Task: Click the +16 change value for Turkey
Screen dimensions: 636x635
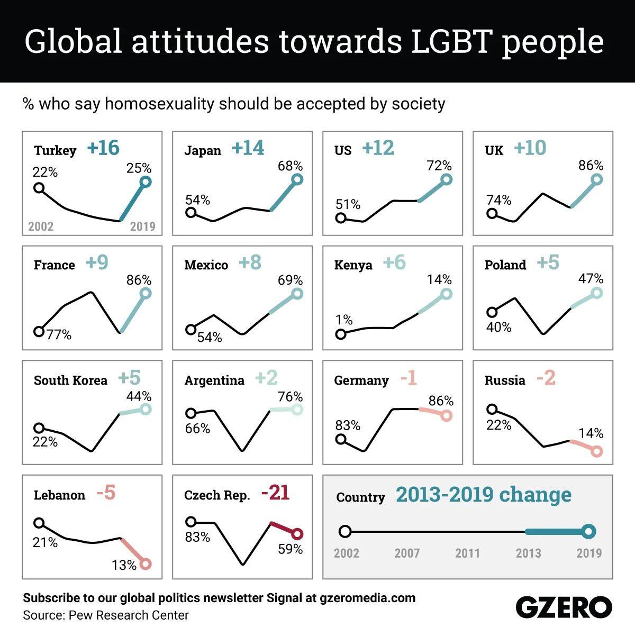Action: tap(104, 148)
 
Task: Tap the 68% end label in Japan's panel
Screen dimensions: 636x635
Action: tap(291, 166)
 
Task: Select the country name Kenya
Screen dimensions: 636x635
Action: tap(353, 265)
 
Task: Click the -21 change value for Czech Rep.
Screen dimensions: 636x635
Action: tap(275, 493)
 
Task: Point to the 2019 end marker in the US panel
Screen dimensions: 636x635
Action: tap(447, 179)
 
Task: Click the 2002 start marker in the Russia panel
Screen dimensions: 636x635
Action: tap(492, 408)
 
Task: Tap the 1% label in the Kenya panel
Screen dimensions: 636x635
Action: tap(344, 320)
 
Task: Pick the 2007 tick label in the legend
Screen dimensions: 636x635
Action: tap(407, 553)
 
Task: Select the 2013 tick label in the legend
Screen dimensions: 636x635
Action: tap(528, 553)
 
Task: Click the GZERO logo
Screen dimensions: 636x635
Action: tap(564, 606)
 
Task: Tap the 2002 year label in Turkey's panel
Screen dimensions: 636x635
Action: tap(41, 226)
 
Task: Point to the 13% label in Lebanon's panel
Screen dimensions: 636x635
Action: tap(124, 565)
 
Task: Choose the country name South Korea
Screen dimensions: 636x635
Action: tap(70, 380)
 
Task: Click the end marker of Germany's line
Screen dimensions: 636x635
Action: tap(447, 415)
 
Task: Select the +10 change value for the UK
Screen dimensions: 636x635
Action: tap(530, 148)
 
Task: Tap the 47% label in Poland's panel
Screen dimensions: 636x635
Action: tap(591, 278)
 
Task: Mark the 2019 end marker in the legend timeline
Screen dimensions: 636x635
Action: tap(589, 532)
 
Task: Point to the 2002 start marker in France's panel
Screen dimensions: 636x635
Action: tap(38, 331)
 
